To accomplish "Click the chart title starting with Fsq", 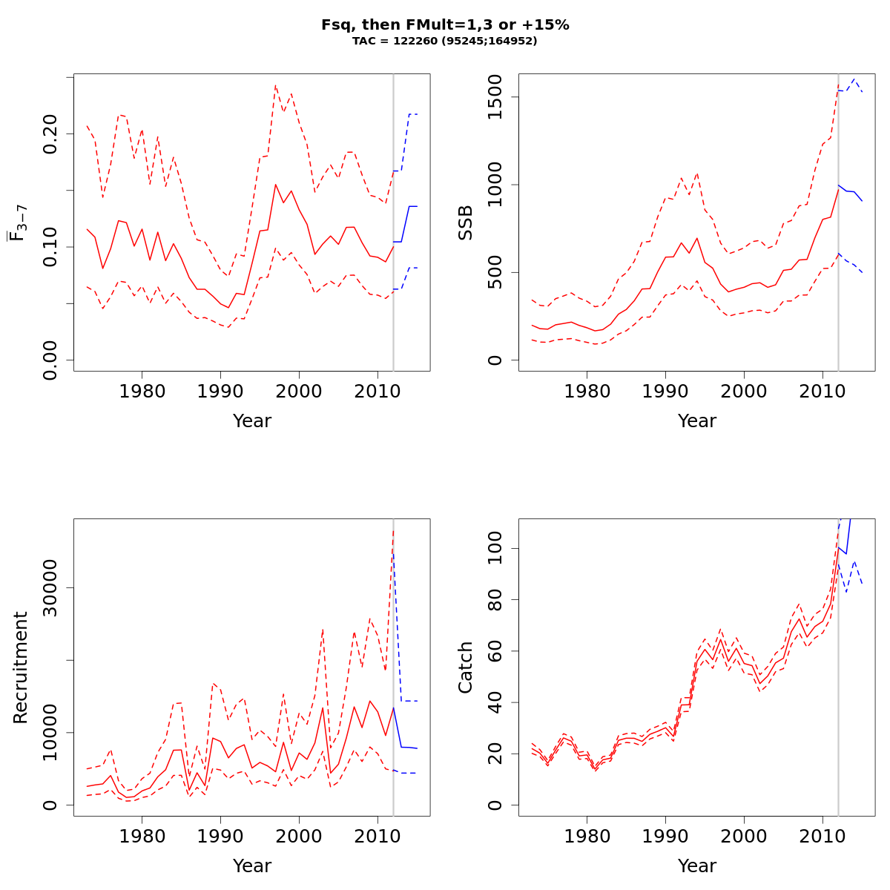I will pyautogui.click(x=445, y=24).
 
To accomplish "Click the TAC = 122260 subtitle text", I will pyautogui.click(x=445, y=41).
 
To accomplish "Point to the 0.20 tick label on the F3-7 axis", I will pyautogui.click(x=50, y=133).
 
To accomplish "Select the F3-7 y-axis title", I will pyautogui.click(x=19, y=222).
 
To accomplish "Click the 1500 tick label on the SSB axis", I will pyautogui.click(x=495, y=97).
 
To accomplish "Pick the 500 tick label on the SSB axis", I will pyautogui.click(x=495, y=272).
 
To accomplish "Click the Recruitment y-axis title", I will pyautogui.click(x=20, y=667).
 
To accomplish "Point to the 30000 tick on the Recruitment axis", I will pyautogui.click(x=50, y=588).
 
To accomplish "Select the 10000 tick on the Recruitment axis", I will pyautogui.click(x=50, y=733).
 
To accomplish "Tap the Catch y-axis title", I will pyautogui.click(x=465, y=667).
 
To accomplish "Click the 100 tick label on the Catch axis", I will pyautogui.click(x=495, y=549).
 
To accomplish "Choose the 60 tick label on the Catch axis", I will pyautogui.click(x=495, y=651).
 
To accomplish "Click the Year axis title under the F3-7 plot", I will pyautogui.click(x=252, y=421).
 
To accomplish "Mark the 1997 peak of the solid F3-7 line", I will pyautogui.click(x=275, y=185).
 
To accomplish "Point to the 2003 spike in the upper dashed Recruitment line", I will pyautogui.click(x=323, y=629).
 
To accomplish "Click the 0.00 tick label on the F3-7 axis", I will pyautogui.click(x=50, y=360).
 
